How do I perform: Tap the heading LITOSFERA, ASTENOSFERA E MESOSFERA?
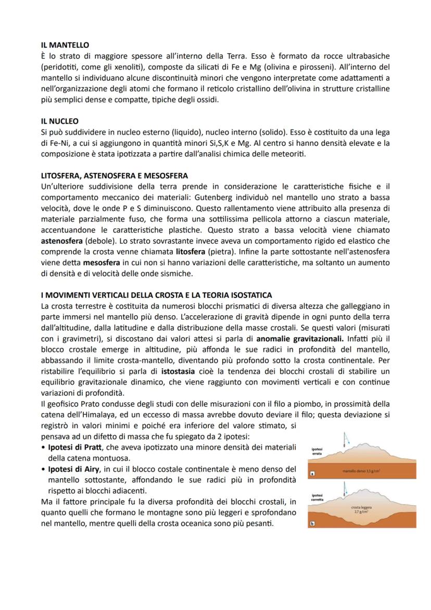click(114, 176)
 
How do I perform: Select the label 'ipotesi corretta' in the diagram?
click(318, 497)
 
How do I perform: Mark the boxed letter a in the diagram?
click(312, 475)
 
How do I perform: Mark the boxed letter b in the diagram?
click(312, 522)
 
